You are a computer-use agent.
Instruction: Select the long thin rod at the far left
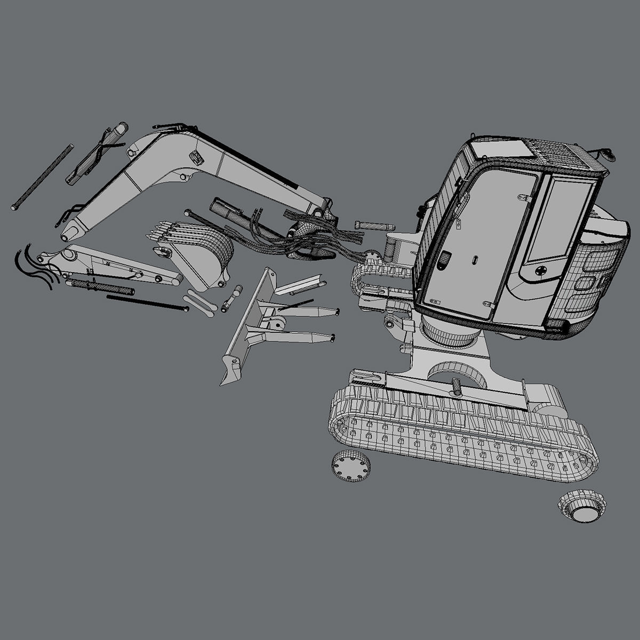pyautogui.click(x=42, y=177)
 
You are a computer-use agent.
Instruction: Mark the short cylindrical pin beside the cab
pyautogui.click(x=373, y=225)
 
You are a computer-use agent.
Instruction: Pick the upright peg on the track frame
pyautogui.click(x=457, y=386)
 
